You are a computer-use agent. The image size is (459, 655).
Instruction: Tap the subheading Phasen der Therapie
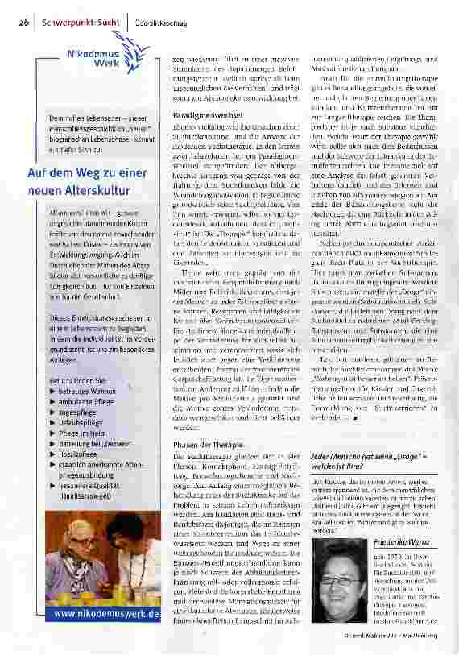point(209,446)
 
